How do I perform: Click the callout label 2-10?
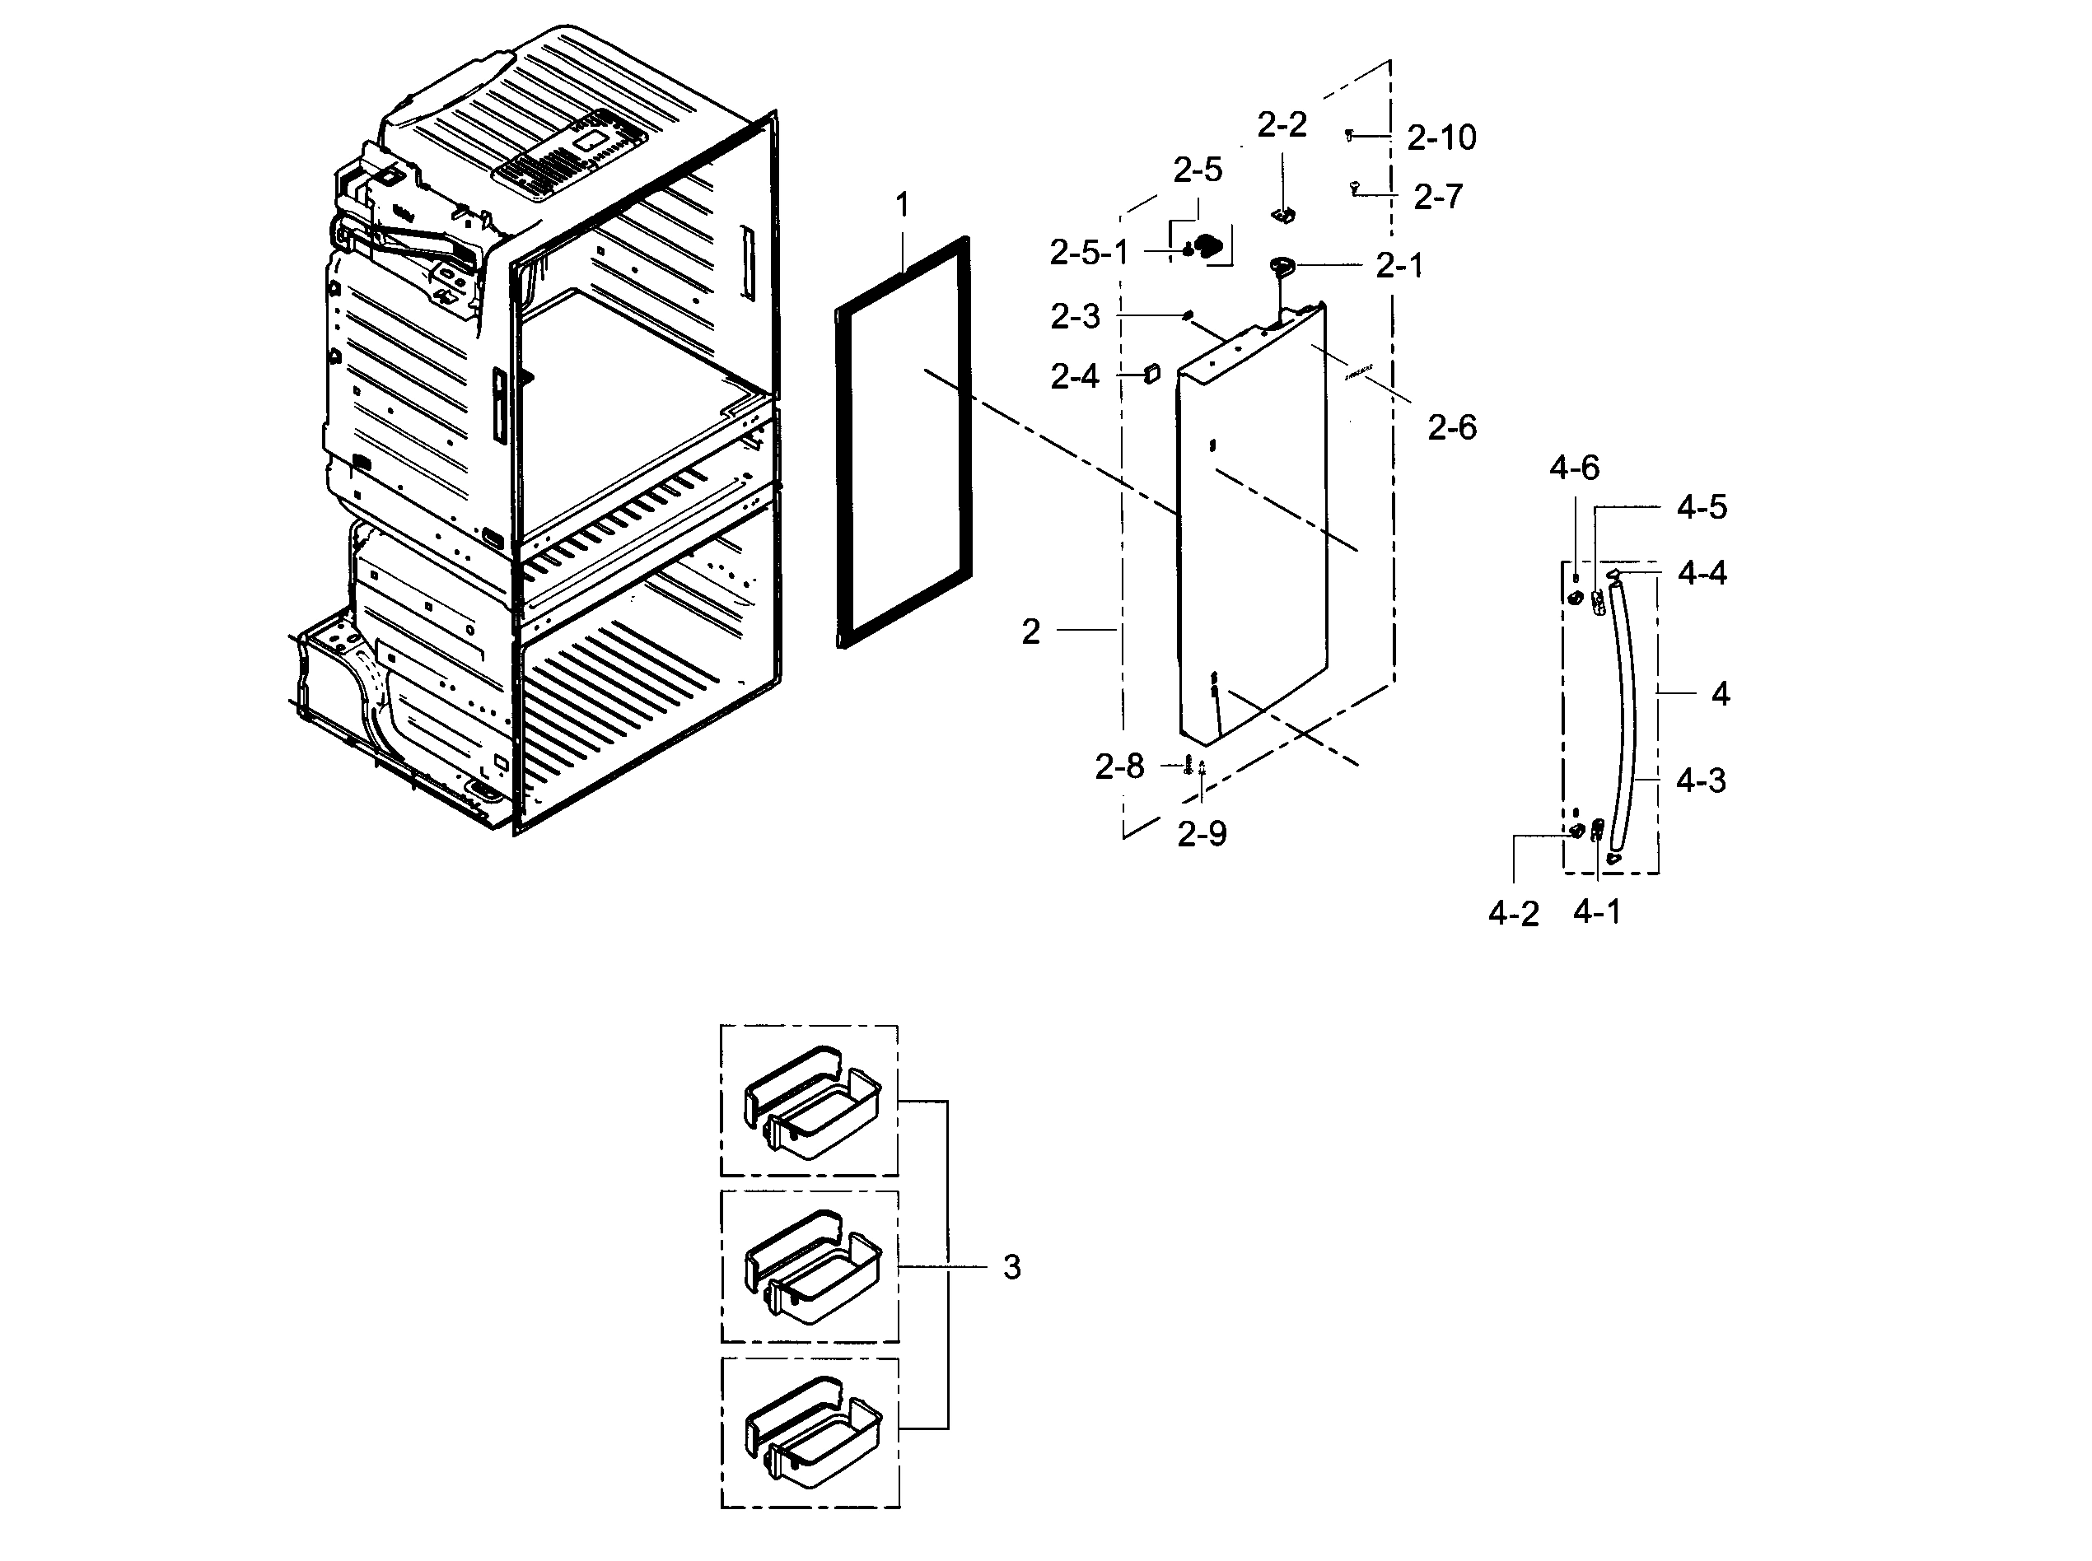pos(1441,138)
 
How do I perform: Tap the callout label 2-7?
pos(1437,197)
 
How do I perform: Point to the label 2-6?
pos(1451,428)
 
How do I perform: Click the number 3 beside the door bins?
pos(1011,1267)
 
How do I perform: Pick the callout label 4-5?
pos(1701,507)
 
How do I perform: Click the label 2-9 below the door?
pos(1201,833)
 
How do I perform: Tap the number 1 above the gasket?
pos(902,205)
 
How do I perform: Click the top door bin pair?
pos(811,1101)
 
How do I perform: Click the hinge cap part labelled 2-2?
pos(1283,216)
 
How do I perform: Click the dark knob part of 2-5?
pos(1210,247)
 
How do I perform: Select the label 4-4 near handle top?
pos(1702,573)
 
